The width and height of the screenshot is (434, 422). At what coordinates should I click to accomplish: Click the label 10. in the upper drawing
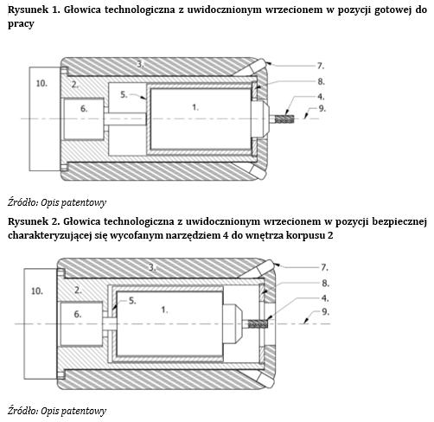pos(41,83)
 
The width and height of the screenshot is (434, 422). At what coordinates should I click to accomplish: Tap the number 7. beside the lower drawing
pos(324,267)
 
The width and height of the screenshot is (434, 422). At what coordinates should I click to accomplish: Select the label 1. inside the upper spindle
pos(195,107)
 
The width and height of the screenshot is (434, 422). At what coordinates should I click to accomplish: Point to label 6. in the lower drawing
pos(78,314)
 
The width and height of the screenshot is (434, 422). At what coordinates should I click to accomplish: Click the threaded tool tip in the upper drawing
pos(284,118)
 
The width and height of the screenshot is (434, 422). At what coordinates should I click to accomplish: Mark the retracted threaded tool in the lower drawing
pos(258,324)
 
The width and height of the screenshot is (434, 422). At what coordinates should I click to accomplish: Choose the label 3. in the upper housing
pos(140,64)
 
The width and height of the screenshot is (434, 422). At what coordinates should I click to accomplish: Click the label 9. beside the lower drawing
pos(325,312)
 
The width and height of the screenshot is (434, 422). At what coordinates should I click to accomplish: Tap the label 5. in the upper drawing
pos(124,94)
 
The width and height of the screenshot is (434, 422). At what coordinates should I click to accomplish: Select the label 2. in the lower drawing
pos(78,290)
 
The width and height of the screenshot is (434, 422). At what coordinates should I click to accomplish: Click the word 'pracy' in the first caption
pos(21,24)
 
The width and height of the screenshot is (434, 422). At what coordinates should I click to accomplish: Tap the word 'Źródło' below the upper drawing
pos(22,202)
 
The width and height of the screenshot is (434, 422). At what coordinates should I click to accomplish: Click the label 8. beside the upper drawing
pos(322,81)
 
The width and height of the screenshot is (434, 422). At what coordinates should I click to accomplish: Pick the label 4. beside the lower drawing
pos(325,298)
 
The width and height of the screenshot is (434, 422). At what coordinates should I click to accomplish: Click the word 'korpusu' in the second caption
pos(305,235)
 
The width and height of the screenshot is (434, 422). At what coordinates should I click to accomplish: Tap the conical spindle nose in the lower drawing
pos(234,324)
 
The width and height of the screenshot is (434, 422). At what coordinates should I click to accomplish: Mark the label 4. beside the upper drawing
pos(321,97)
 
